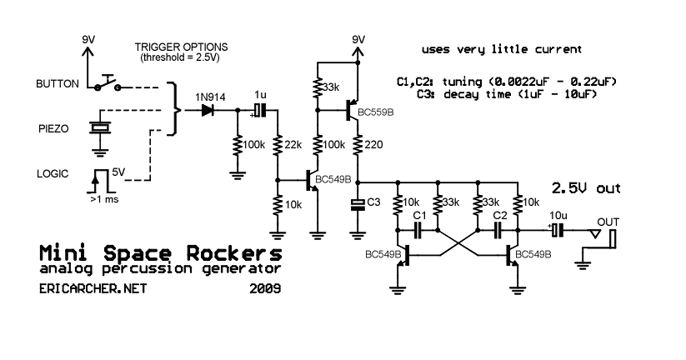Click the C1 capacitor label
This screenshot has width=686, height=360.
tap(420, 216)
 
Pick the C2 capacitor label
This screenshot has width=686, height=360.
tap(500, 216)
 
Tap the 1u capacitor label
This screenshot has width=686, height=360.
tap(261, 95)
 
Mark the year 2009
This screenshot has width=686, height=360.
tap(264, 289)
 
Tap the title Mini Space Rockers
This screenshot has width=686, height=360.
tap(160, 252)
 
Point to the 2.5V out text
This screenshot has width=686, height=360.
tap(587, 187)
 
